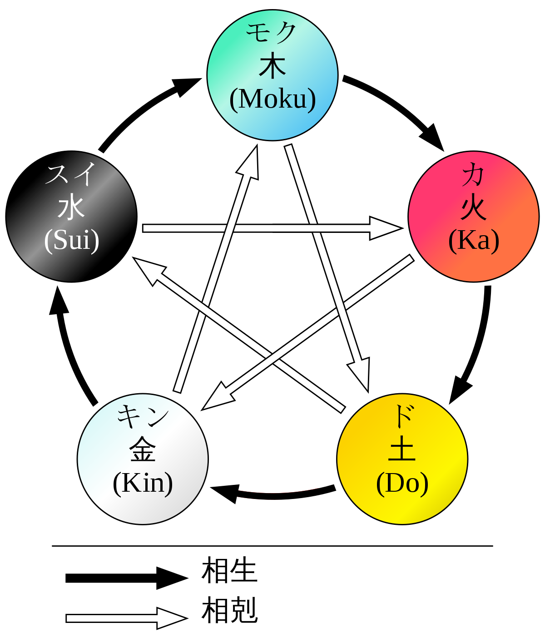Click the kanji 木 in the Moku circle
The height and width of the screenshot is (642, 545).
272,66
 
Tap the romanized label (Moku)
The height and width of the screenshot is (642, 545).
272,99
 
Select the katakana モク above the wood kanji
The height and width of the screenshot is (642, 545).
272,33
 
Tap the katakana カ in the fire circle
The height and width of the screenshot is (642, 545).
473,175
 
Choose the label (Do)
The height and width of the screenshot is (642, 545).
402,483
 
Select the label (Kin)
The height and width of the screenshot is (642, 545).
143,483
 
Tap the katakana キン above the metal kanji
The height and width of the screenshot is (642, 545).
143,417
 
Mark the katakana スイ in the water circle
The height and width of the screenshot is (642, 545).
72,174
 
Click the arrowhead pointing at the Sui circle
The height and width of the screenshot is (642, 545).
148,270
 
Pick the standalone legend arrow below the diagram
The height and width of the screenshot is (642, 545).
125,618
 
